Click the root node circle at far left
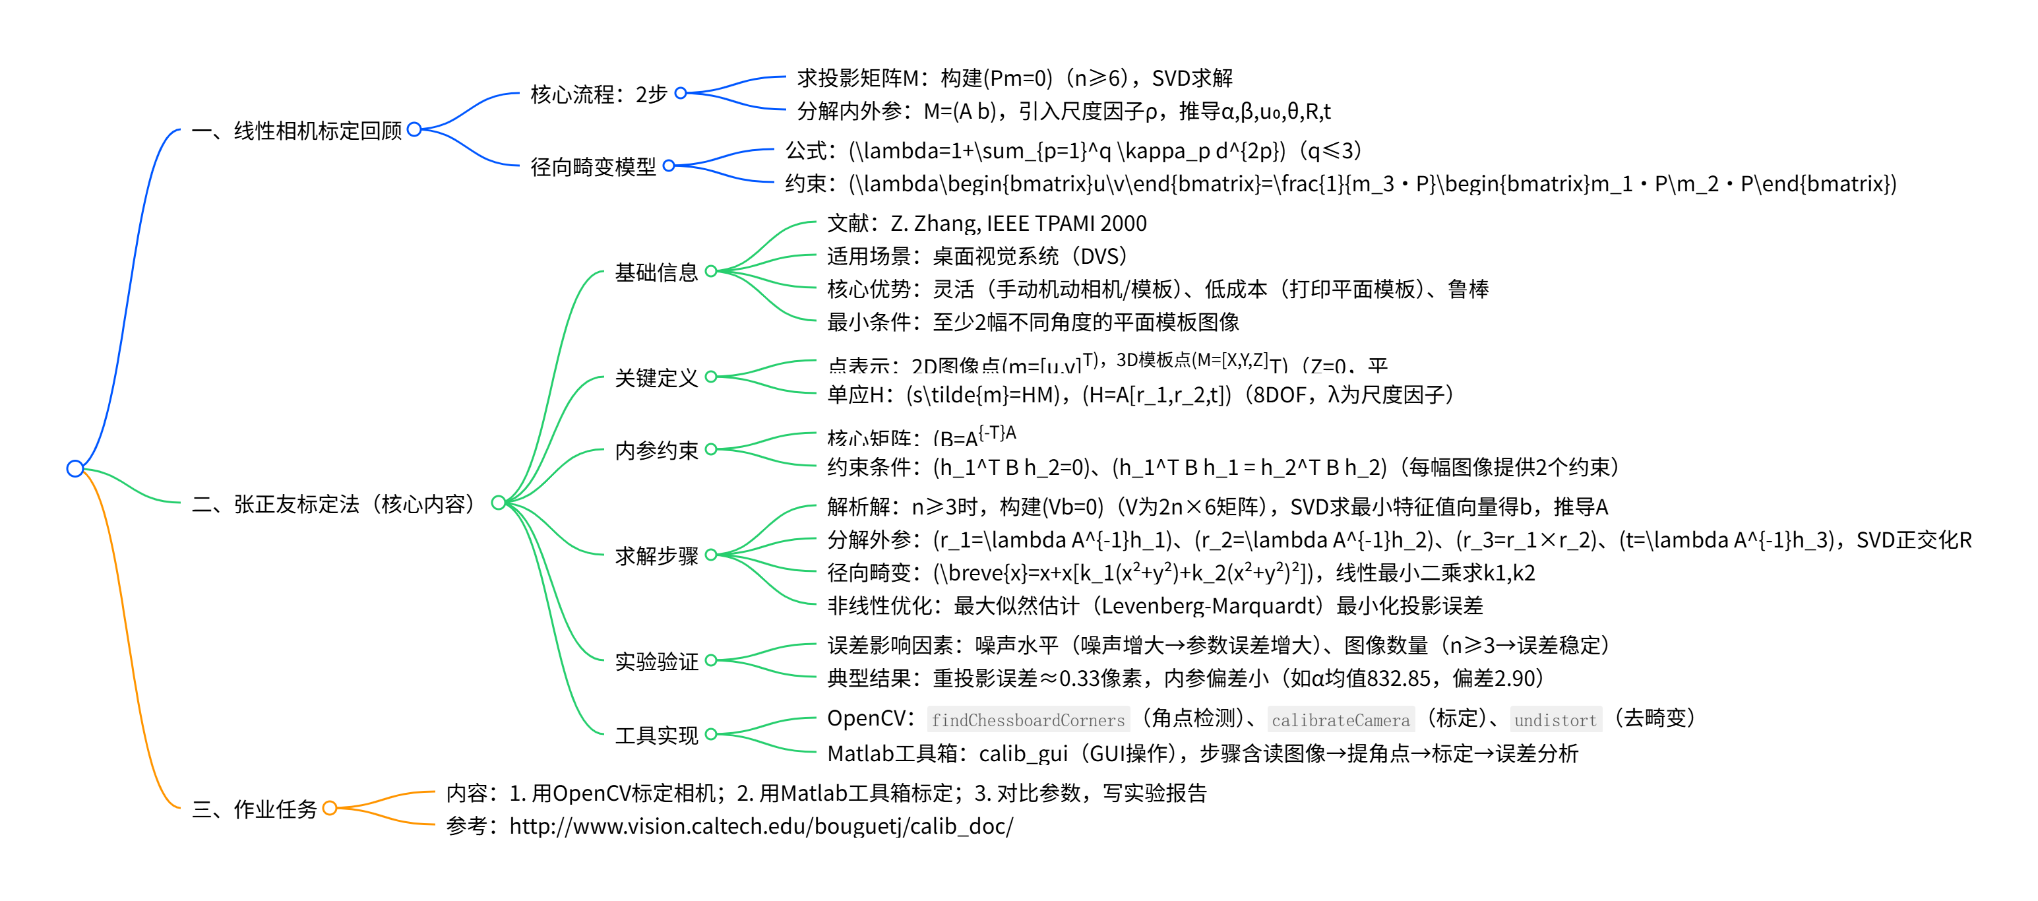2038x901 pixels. click(x=75, y=468)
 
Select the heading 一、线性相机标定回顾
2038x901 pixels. click(x=297, y=131)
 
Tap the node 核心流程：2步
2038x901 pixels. click(x=599, y=94)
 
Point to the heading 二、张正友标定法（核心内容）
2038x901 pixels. click(x=336, y=504)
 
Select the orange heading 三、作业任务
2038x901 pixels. click(x=254, y=809)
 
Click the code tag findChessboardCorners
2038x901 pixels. click(x=1028, y=720)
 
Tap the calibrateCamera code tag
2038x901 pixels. click(x=1340, y=720)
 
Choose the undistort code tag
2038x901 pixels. click(x=1555, y=720)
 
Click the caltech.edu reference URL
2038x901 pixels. click(x=760, y=826)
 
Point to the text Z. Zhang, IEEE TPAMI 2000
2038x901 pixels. click(x=1018, y=224)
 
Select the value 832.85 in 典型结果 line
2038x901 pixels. click(x=1399, y=679)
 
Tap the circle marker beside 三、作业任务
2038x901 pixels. click(x=330, y=807)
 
